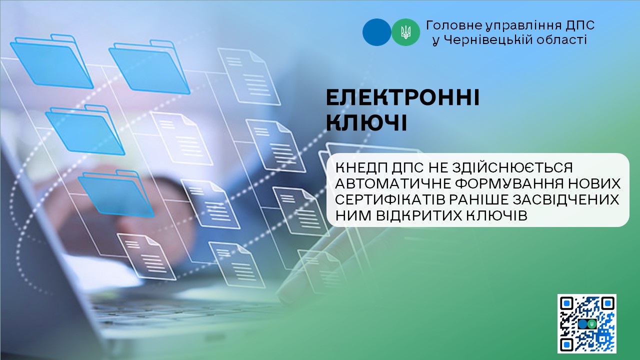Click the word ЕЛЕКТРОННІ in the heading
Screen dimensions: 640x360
pos(402,98)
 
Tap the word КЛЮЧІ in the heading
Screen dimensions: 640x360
pos(366,123)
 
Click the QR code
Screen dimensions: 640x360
pos(586,323)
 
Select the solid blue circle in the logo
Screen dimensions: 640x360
pos(377,32)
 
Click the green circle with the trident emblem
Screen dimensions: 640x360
pos(405,32)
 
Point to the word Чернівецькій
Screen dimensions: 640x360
pos(488,39)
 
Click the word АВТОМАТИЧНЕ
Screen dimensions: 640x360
pos(393,183)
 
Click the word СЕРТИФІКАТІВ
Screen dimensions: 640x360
pos(390,199)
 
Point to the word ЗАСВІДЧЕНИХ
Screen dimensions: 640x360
pos(566,199)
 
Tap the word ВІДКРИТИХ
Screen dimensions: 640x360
pos(419,216)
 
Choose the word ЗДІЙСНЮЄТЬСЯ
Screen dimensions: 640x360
pos(512,167)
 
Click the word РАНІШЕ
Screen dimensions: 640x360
pos(479,199)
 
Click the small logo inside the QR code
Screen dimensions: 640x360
pos(587,323)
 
